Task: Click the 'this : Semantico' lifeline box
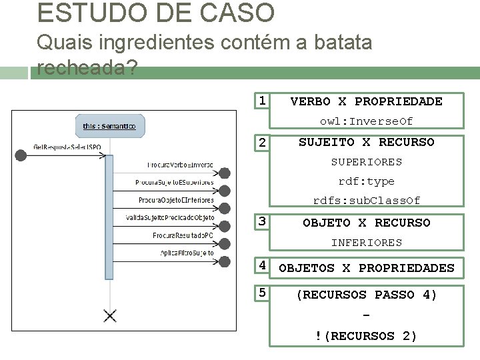109,125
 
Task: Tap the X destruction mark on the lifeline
109,315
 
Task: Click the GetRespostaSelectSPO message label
67,147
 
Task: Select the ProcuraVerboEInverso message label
180,165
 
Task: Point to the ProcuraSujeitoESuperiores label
174,182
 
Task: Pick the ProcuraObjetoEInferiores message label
176,200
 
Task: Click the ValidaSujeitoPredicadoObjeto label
170,217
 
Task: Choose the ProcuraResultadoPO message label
183,235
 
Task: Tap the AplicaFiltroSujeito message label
187,253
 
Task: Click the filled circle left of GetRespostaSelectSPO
21,155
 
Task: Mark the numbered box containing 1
263,101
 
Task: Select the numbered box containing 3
263,221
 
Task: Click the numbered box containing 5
263,293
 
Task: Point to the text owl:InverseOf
366,121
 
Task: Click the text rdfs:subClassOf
367,201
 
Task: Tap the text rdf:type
366,181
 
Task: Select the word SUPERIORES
367,162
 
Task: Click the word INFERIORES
367,243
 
